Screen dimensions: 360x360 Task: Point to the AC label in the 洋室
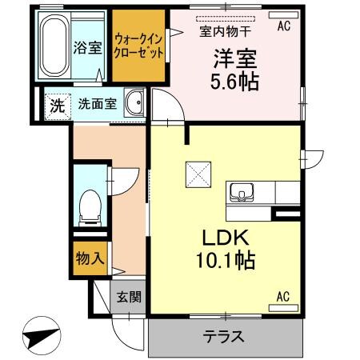pyautogui.click(x=283, y=26)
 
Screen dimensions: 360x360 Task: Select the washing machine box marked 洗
pyautogui.click(x=57, y=104)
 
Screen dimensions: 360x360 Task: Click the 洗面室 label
pyautogui.click(x=97, y=104)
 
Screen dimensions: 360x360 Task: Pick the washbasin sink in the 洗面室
pyautogui.click(x=135, y=103)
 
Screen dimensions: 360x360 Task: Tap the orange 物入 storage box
pyautogui.click(x=90, y=258)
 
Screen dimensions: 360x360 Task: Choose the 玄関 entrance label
pyautogui.click(x=130, y=298)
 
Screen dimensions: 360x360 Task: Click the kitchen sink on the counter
pyautogui.click(x=241, y=192)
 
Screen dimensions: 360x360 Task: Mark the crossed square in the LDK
pyautogui.click(x=196, y=173)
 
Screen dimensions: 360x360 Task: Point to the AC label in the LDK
pyautogui.click(x=282, y=298)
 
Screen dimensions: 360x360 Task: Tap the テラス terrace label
pyautogui.click(x=225, y=336)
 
